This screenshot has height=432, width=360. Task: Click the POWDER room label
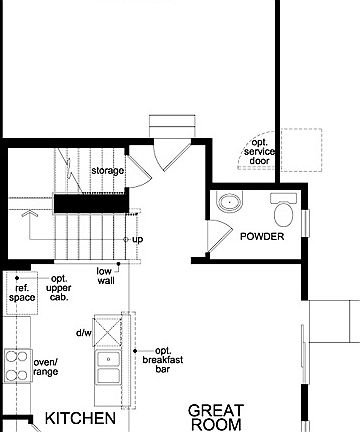click(x=262, y=237)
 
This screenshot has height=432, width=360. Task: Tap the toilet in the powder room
click(x=284, y=212)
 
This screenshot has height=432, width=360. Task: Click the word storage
click(x=108, y=171)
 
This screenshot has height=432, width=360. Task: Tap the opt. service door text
click(x=260, y=151)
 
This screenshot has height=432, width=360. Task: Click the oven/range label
click(x=45, y=367)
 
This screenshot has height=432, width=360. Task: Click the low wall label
click(x=105, y=276)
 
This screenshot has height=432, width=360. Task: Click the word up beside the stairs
click(x=138, y=240)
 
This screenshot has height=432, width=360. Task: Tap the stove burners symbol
click(x=16, y=366)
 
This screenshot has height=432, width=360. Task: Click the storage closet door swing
click(x=139, y=170)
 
